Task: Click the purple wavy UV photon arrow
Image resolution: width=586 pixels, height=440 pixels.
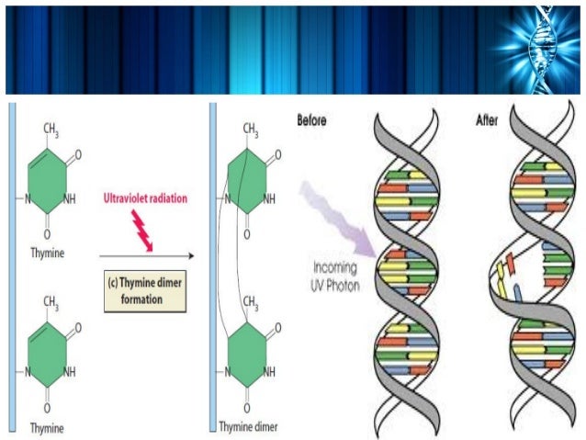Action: [x=343, y=219]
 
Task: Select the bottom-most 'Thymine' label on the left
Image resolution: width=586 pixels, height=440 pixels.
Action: [x=48, y=427]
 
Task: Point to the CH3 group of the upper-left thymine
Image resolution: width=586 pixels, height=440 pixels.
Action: [x=52, y=131]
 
